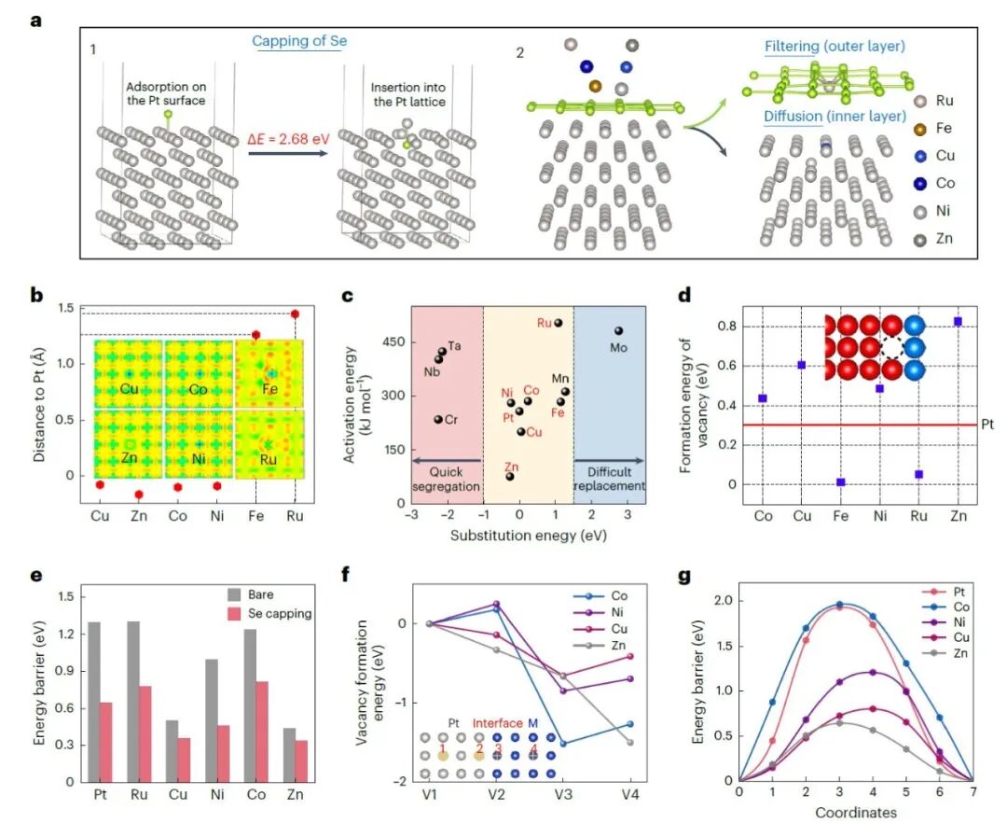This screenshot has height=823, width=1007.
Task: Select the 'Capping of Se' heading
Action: coord(298,41)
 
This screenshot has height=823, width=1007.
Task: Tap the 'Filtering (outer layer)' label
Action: coord(835,46)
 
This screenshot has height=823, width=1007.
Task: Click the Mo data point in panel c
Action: coord(617,330)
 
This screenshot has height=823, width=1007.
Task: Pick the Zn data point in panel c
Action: coord(510,476)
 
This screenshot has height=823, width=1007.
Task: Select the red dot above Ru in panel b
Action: coord(296,314)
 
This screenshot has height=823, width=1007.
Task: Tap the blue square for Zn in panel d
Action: coord(958,321)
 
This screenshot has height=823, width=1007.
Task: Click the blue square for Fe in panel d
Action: coord(840,481)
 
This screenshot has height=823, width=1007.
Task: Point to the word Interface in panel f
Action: coord(496,720)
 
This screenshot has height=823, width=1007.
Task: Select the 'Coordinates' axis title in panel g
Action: coord(855,812)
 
